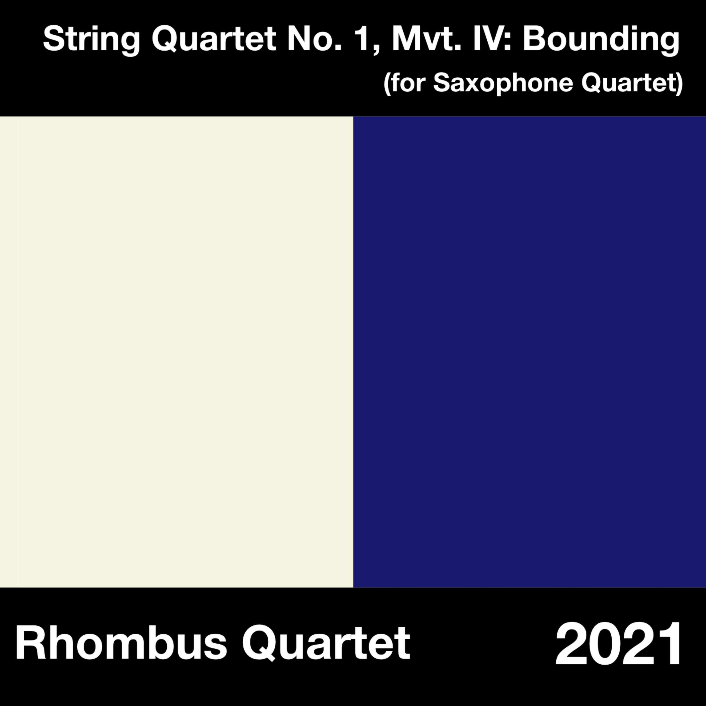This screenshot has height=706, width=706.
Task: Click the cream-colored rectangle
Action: pyautogui.click(x=176, y=352)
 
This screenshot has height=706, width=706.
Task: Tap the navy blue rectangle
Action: pyautogui.click(x=529, y=352)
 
